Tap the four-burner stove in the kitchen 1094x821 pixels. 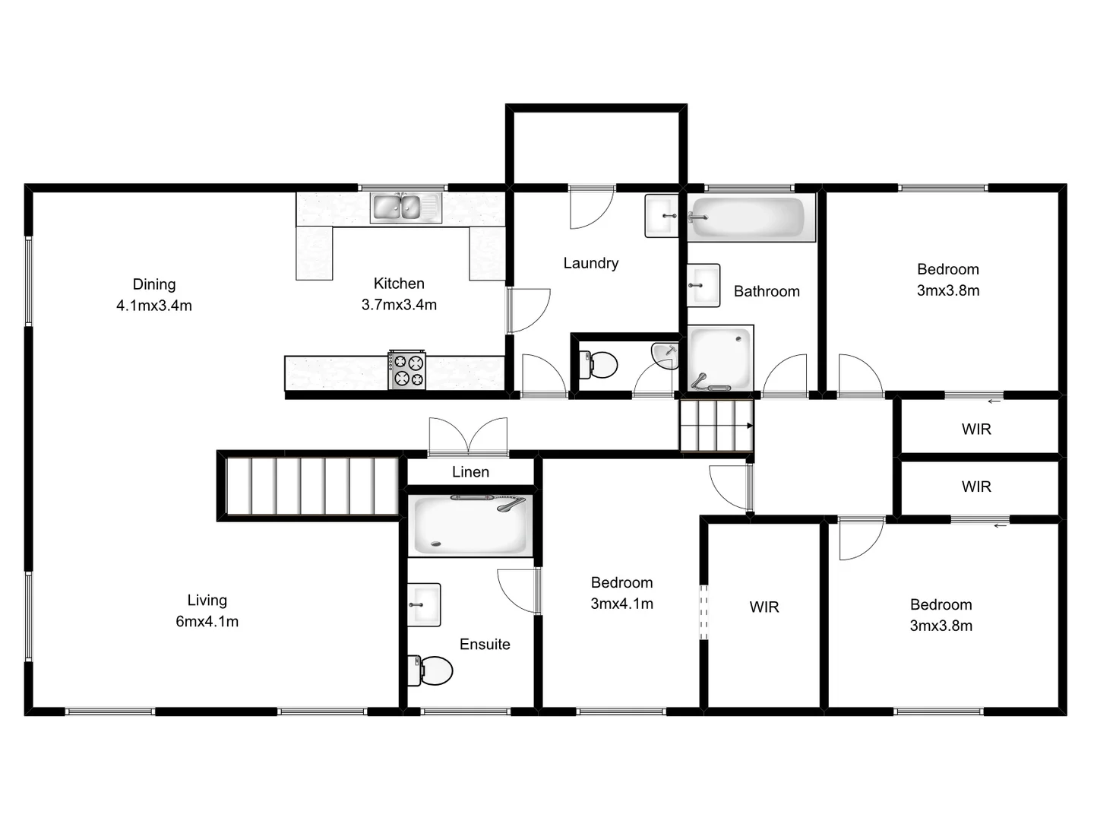(407, 370)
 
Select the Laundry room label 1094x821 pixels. (590, 263)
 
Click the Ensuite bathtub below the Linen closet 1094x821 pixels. (470, 525)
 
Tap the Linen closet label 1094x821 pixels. (470, 472)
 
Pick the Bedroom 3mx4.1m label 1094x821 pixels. (621, 593)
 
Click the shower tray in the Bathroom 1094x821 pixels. (719, 358)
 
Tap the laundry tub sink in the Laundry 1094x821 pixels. (662, 216)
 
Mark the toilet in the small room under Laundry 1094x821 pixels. (598, 364)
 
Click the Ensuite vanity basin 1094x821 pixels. (424, 605)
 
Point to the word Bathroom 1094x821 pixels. (767, 291)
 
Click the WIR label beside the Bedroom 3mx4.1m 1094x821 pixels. (764, 607)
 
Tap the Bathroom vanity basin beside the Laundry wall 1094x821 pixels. (704, 285)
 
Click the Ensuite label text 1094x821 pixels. (485, 645)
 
